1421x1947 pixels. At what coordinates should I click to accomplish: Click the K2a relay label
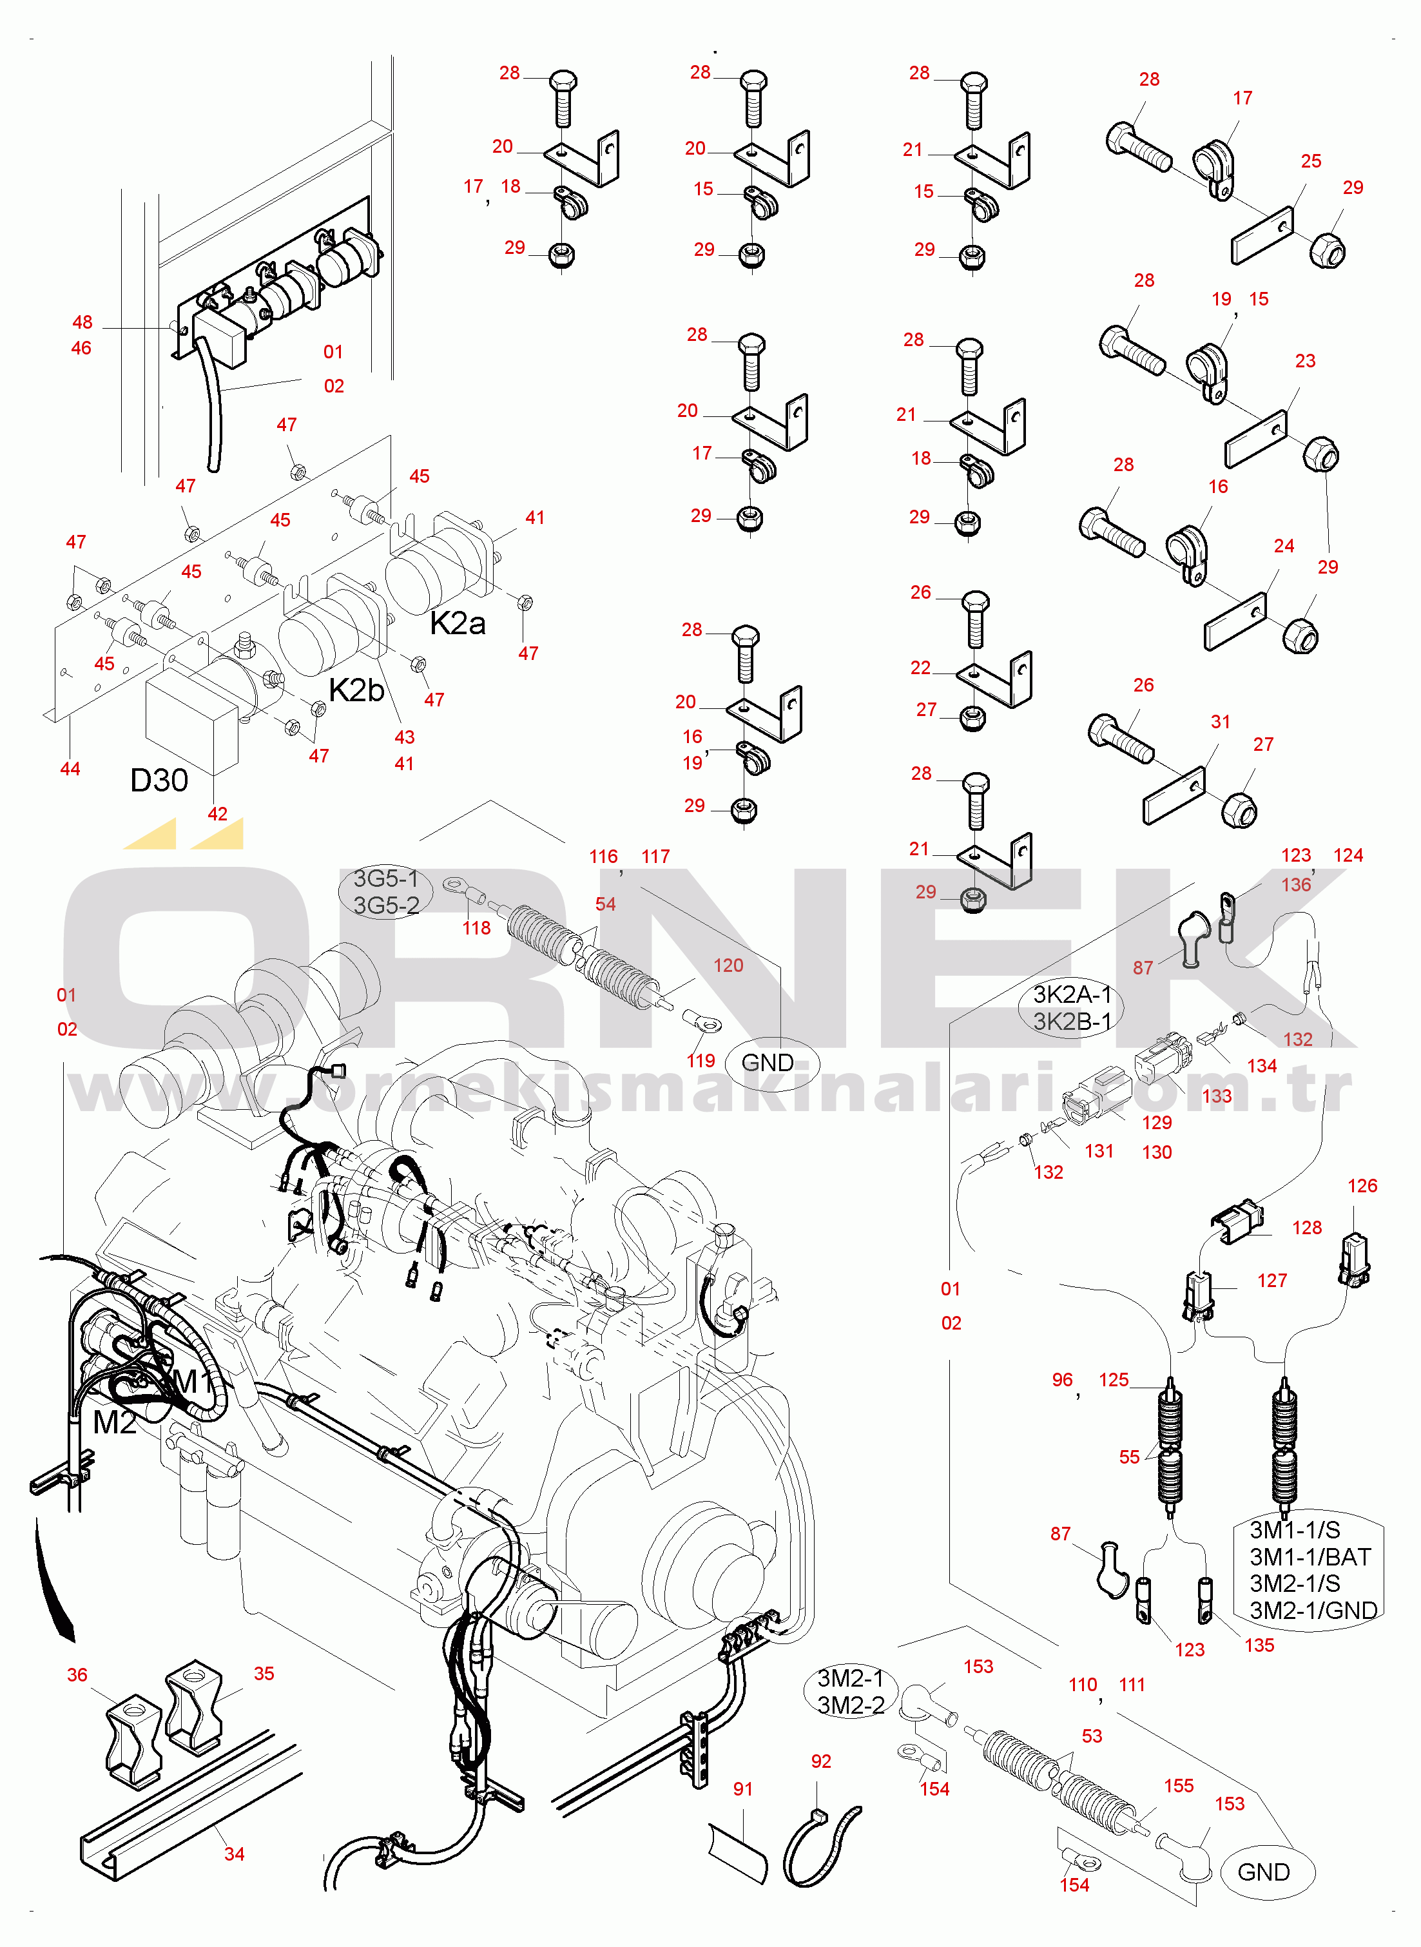(x=458, y=623)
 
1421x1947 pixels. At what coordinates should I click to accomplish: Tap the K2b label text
(x=356, y=690)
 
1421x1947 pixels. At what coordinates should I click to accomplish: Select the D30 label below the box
(x=159, y=780)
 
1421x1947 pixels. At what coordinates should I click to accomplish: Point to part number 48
(x=82, y=322)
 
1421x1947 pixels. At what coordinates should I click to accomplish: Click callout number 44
(x=70, y=769)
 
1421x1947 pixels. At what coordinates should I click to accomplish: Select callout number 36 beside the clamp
(x=77, y=1674)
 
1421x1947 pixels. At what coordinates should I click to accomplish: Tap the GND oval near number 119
(x=768, y=1063)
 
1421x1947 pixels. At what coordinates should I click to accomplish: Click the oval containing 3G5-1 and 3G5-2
(x=386, y=892)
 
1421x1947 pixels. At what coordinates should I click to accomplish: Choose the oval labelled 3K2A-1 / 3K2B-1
(x=1072, y=1008)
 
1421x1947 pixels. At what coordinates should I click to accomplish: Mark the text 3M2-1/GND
(x=1313, y=1610)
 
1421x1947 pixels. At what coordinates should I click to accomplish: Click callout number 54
(x=606, y=904)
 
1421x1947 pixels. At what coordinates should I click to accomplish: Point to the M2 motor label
(x=115, y=1422)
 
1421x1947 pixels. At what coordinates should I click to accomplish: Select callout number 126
(x=1362, y=1186)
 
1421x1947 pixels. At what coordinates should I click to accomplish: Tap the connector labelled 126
(x=1355, y=1260)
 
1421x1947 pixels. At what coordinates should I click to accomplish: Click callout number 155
(x=1179, y=1786)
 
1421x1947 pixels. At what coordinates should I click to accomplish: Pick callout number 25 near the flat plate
(x=1311, y=162)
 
